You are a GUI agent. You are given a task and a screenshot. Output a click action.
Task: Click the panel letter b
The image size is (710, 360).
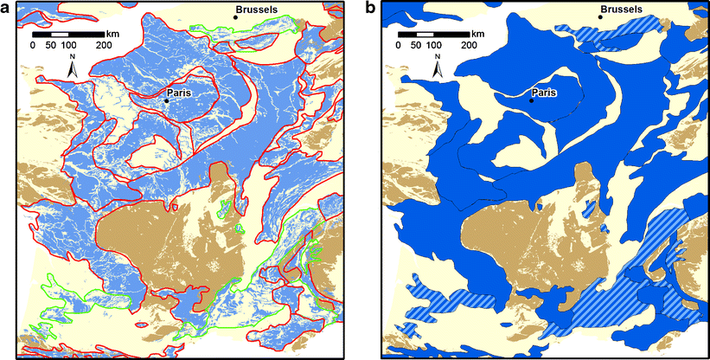point(372,8)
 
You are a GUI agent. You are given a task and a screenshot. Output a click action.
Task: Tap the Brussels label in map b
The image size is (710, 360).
point(620,9)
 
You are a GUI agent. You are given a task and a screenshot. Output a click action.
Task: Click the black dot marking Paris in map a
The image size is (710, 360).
point(166,100)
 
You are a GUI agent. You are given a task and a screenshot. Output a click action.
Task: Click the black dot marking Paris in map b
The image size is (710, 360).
point(531,100)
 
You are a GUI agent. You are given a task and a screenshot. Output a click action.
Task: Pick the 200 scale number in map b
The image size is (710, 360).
point(468,45)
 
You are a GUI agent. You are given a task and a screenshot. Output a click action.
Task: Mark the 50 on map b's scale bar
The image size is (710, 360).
point(416,45)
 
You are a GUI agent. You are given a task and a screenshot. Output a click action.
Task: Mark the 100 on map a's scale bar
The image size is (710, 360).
point(68,45)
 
